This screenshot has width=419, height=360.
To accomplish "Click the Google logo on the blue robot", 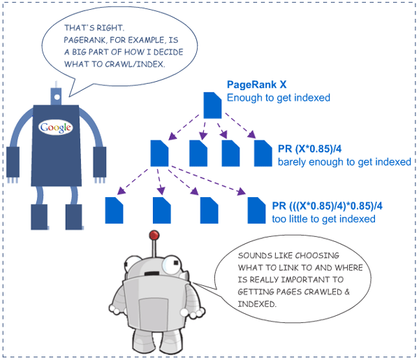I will pyautogui.click(x=56, y=127).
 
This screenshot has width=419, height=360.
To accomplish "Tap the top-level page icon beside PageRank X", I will pyautogui.click(x=212, y=106).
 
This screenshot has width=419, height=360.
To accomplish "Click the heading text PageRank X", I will pyautogui.click(x=255, y=85).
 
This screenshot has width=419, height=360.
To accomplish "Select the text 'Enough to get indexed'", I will pyautogui.click(x=278, y=98).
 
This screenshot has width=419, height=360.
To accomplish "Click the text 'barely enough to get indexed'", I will pyautogui.click(x=344, y=162).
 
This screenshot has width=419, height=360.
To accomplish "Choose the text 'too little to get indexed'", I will pyautogui.click(x=323, y=219).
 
